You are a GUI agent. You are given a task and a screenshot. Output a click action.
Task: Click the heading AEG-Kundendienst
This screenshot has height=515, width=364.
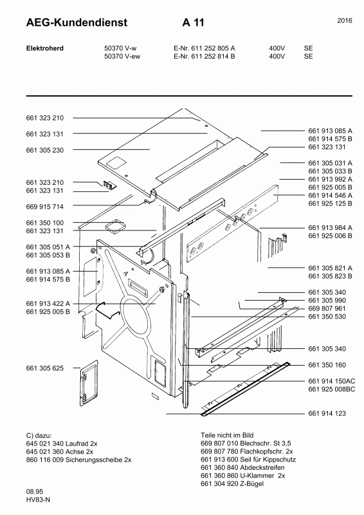[77, 23]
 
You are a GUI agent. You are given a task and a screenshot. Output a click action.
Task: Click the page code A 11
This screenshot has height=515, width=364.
[194, 23]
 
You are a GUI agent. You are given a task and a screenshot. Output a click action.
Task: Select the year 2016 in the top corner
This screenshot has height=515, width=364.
[345, 21]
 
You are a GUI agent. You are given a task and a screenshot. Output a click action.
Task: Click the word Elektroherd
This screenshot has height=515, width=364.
[44, 48]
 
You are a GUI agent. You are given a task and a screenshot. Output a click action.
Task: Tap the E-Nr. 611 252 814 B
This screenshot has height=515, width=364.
[204, 56]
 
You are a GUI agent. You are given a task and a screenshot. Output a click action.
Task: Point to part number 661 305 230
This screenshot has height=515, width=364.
[44, 150]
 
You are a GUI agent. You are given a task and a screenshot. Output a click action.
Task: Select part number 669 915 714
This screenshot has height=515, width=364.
[44, 207]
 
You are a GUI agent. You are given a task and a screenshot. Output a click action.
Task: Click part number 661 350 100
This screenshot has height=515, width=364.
[44, 223]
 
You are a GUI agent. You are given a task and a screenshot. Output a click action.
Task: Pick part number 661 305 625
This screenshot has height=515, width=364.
[44, 368]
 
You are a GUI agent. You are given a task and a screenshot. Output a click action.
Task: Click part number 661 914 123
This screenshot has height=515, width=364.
[327, 413]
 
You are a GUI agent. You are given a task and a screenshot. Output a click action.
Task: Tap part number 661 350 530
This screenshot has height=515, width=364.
[327, 317]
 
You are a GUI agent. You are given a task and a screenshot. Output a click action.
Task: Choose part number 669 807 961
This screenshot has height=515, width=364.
[327, 308]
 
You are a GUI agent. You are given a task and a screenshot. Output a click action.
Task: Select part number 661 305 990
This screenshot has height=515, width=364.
[327, 300]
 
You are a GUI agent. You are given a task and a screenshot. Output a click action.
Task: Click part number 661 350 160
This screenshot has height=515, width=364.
[327, 365]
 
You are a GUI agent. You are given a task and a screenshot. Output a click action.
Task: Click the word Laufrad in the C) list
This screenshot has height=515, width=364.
[77, 444]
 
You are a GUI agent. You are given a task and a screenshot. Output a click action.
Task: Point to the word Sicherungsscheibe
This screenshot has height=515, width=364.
[94, 460]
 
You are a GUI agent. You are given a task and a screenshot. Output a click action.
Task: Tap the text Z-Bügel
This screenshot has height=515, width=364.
[251, 484]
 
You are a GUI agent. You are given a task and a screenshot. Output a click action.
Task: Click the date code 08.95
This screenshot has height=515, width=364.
[35, 492]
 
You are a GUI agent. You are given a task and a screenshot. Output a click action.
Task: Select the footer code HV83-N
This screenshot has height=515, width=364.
[38, 500]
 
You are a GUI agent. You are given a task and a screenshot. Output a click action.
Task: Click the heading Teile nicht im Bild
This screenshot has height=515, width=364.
[227, 435]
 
